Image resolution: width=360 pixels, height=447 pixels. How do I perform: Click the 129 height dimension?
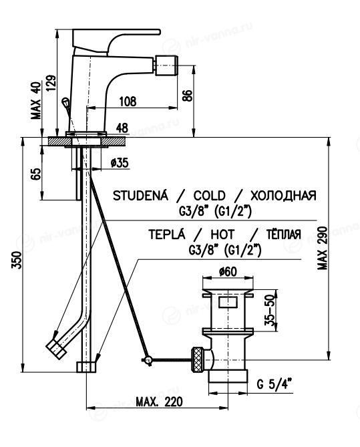tap(50, 83)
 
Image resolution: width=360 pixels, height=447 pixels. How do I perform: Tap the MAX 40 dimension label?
tap(36, 100)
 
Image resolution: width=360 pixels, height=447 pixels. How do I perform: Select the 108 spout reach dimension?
tap(128, 102)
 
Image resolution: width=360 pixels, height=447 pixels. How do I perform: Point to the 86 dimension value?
tap(188, 96)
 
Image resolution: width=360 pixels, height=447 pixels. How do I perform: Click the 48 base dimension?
tap(122, 128)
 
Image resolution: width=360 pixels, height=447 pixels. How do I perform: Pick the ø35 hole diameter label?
tap(120, 163)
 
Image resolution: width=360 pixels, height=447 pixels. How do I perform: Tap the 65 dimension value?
tap(36, 174)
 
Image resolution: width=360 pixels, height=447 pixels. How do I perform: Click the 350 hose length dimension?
tap(17, 260)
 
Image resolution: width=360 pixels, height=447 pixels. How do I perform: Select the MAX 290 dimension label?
tap(323, 249)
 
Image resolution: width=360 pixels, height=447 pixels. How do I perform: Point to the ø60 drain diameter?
tap(228, 271)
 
